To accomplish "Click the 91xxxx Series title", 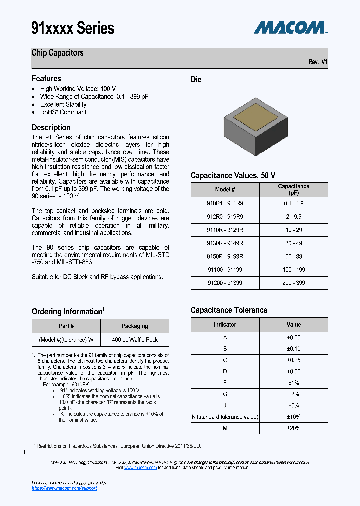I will coord(73,28).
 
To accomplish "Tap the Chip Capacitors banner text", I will coord(58,53).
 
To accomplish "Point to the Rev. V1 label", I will coord(318,62).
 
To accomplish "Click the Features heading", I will coord(46,79).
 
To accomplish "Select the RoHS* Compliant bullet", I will coord(63,112).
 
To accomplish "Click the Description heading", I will coord(51,128).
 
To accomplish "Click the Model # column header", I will coord(225,190).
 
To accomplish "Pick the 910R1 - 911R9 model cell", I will coord(225,204).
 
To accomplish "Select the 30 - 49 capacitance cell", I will coord(293,243).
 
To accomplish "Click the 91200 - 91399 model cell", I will coord(225,283).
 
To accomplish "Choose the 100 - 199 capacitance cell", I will coord(293,270).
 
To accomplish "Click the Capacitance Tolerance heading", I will coord(229,310).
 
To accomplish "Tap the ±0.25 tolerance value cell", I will coord(293,360).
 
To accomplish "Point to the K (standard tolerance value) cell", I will coord(225,417).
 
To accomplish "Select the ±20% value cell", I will coord(293,428).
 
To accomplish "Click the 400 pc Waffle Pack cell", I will coord(135,340).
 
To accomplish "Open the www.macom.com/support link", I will coord(64,488).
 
